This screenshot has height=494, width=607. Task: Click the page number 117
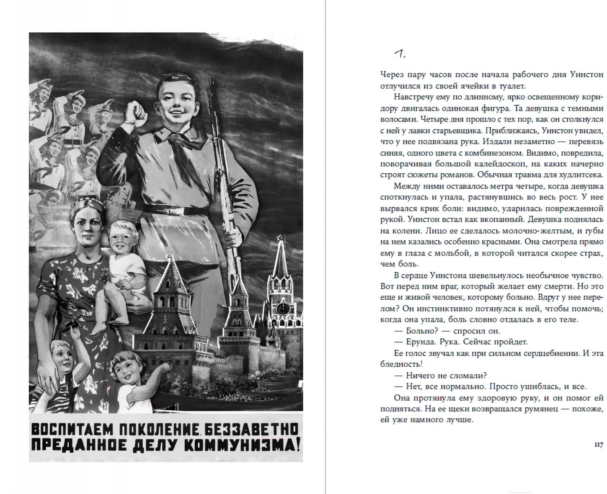598,445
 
